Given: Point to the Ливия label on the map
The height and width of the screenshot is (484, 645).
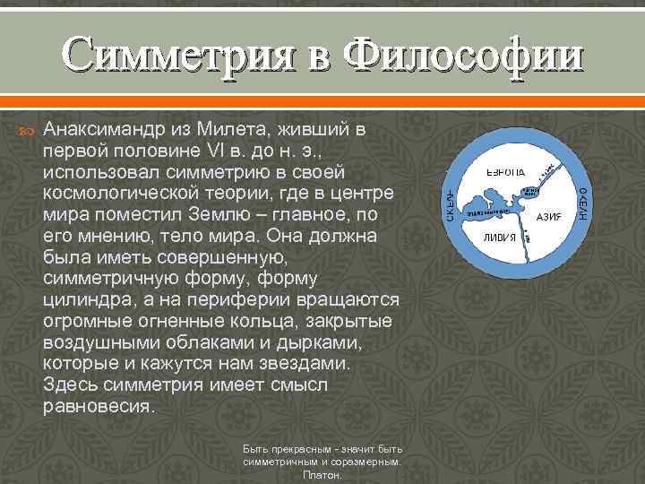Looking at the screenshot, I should (x=499, y=238).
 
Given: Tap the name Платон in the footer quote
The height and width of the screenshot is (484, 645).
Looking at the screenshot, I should (x=322, y=476).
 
